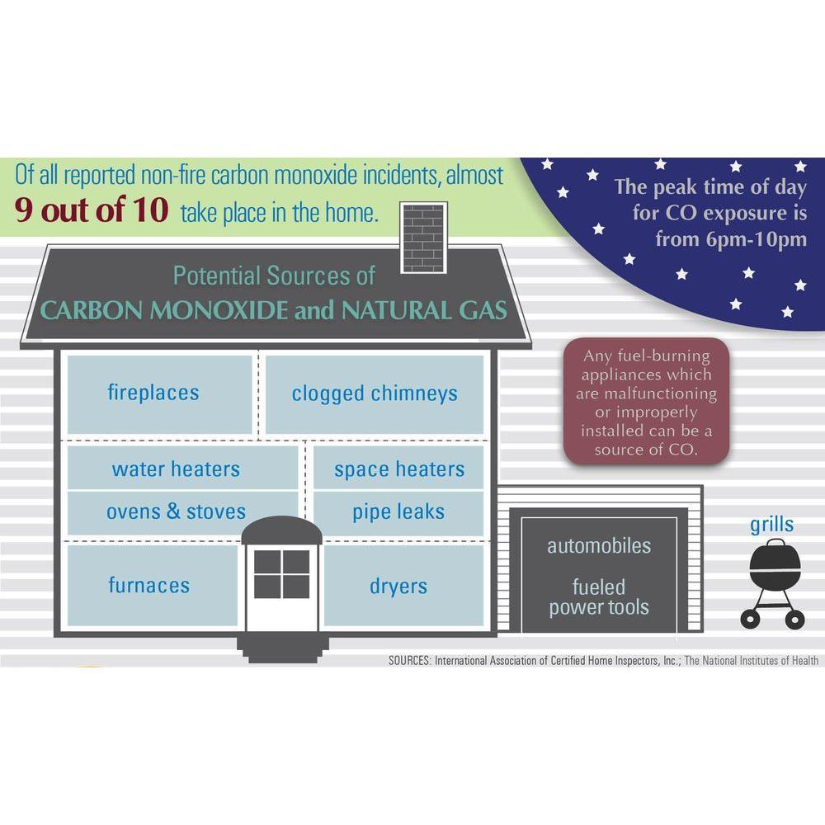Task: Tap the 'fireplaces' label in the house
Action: pos(153,392)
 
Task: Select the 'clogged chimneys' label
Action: pos(375,394)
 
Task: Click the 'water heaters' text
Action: pos(176,469)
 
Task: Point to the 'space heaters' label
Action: pos(399,469)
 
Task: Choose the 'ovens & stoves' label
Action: pos(176,511)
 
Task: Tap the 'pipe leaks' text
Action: pos(398,511)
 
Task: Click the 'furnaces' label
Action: pos(148,586)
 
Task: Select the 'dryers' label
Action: pos(398,587)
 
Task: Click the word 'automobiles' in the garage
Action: pos(599,546)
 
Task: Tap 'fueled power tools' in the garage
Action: pos(599,598)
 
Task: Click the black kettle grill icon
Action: pos(775,568)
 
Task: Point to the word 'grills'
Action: pos(772,525)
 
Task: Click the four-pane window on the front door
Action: pos(281,574)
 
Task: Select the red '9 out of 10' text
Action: pos(92,211)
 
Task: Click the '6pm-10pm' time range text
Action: pos(731,240)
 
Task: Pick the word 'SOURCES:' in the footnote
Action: pos(409,660)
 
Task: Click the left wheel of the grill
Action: pos(751,619)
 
